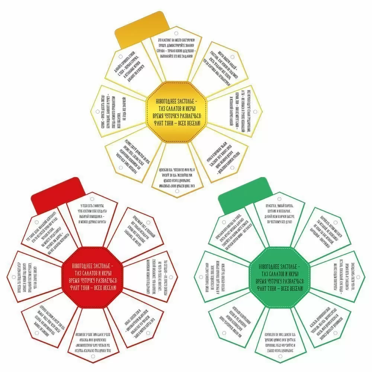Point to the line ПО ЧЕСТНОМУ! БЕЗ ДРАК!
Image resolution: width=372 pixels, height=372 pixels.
point(278,221)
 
